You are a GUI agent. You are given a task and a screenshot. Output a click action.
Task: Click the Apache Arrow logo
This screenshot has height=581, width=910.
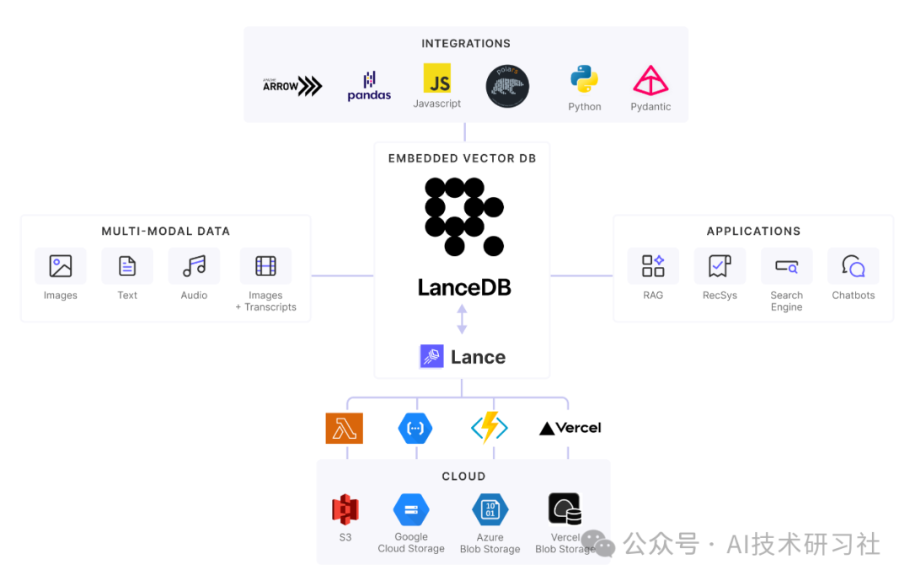tap(292, 86)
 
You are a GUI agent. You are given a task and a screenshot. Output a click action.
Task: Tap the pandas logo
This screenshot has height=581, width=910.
tap(369, 86)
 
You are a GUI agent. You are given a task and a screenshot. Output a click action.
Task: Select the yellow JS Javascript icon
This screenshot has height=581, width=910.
tap(436, 78)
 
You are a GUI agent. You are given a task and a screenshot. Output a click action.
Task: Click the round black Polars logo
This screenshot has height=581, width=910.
tap(507, 86)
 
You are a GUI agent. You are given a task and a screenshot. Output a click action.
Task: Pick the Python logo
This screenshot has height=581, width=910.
tap(584, 79)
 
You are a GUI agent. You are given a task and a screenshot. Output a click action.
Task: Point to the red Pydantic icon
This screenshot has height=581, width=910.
tap(650, 80)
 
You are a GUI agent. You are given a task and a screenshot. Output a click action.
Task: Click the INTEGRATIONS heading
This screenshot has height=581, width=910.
tap(466, 43)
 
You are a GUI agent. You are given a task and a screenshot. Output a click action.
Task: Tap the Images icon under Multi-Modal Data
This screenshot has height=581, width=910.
tap(61, 266)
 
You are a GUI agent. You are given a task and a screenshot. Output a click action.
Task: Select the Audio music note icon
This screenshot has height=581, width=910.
tap(194, 266)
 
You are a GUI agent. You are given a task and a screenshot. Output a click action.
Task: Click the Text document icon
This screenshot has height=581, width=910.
tap(127, 266)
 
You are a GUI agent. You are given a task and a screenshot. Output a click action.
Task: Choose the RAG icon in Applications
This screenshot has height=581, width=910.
tap(653, 266)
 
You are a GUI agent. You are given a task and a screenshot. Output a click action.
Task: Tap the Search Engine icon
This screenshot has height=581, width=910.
tap(786, 266)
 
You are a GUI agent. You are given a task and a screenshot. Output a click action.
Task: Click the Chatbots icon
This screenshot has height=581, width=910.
tap(853, 266)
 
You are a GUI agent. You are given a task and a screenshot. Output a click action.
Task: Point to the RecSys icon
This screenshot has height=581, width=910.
tap(719, 266)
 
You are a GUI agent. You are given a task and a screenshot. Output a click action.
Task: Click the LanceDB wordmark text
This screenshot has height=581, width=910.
tap(464, 287)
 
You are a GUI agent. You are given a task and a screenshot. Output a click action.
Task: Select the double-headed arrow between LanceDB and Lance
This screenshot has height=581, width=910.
tap(462, 319)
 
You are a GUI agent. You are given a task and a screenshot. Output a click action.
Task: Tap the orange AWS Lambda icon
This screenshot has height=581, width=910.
tap(344, 428)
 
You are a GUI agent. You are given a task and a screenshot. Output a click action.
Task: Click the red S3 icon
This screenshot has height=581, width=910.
tap(345, 509)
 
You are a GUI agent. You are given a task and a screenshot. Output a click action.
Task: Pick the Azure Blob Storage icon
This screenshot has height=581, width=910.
tap(490, 509)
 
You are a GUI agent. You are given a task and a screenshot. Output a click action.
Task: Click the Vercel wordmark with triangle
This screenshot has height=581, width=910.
tap(570, 428)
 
